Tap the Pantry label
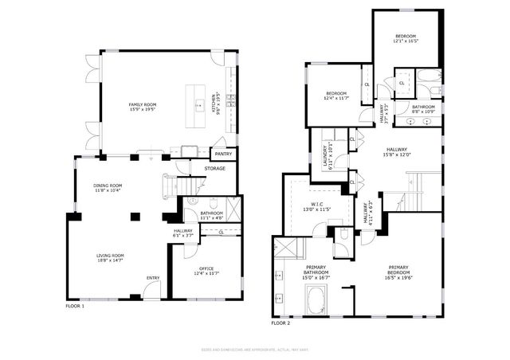[x=223, y=155]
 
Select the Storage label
[x=215, y=168]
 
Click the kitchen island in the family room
[x=194, y=102]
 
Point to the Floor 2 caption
[x=280, y=323]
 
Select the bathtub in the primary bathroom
[x=315, y=301]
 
